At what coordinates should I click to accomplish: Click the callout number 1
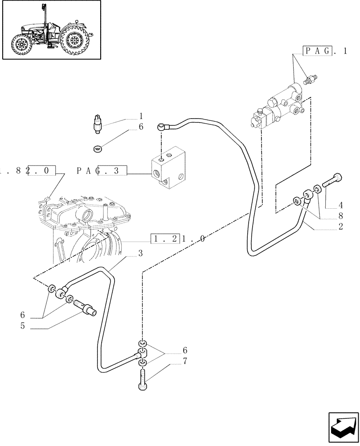141,116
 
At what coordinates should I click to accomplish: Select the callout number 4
340,206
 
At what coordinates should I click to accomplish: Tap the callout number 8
340,216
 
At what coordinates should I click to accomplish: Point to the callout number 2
340,227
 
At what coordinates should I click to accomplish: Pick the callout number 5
22,326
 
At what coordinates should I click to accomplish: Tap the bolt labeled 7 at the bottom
143,379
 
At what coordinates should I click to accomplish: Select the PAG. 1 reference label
325,51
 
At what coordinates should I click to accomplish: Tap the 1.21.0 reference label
178,239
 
